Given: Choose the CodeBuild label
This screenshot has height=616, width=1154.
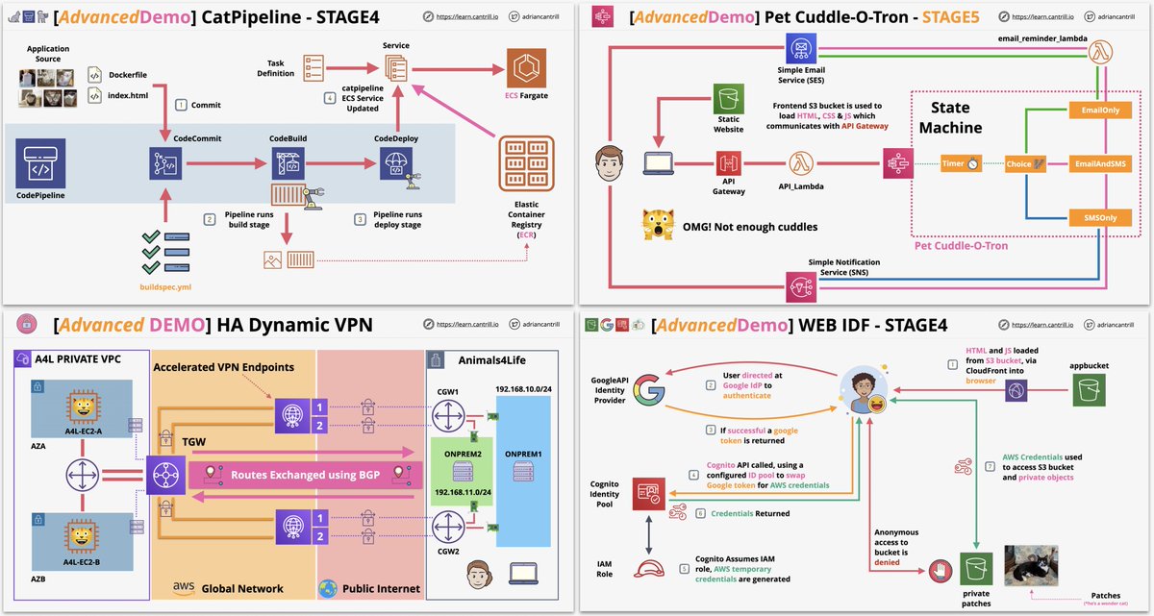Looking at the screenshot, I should click(x=287, y=138).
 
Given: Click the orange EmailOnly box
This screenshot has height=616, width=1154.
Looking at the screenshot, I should click(x=1099, y=112).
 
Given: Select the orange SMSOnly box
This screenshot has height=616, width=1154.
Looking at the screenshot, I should click(x=1099, y=218).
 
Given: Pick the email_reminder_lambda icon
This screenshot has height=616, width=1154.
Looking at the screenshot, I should click(x=1100, y=57).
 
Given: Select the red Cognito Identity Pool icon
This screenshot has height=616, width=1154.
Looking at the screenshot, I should click(x=646, y=494).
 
